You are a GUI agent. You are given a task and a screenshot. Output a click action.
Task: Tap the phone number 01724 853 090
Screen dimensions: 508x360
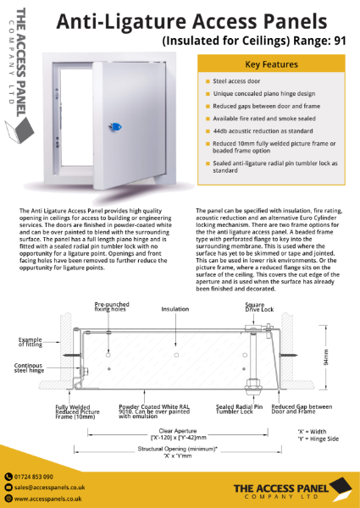[40, 478]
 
